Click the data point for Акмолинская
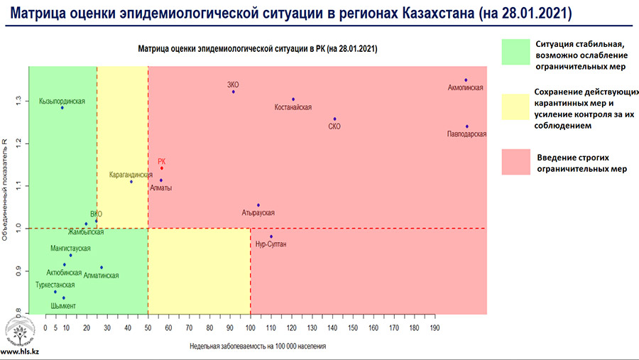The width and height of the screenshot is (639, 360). click(x=466, y=80)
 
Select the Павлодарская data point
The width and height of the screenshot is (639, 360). click(x=467, y=126)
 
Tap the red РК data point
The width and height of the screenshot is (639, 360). click(x=162, y=168)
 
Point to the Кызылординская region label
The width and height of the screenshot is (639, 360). click(x=62, y=101)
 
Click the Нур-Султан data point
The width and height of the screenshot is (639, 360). click(x=271, y=236)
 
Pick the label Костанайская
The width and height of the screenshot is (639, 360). click(x=293, y=108)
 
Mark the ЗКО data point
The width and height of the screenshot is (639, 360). click(x=233, y=92)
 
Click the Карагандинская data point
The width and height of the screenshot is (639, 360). click(x=131, y=182)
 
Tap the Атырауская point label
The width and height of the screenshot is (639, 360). click(x=258, y=213)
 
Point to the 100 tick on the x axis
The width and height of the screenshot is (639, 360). click(x=250, y=328)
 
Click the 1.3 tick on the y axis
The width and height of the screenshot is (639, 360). click(x=19, y=100)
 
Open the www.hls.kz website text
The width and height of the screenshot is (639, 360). click(x=19, y=351)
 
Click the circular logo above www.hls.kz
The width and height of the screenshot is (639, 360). click(x=18, y=331)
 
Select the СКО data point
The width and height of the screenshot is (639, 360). click(x=334, y=119)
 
